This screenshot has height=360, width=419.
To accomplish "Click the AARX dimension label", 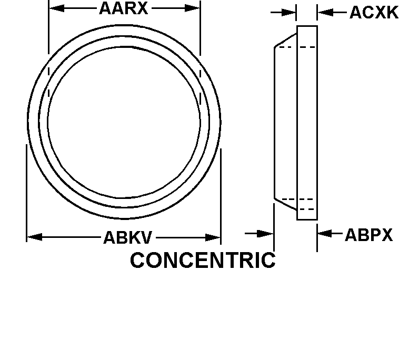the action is pos(124,8).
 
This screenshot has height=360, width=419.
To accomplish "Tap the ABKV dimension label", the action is pos(127,237).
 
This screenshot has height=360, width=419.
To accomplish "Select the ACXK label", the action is pos(374,12).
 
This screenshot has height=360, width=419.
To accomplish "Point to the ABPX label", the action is pos(369,235).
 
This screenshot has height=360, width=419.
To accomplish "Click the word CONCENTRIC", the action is pos(203,261).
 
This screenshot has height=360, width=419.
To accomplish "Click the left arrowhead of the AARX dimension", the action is pos(57,8).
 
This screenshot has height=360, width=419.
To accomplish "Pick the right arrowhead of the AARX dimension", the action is pos(193,8).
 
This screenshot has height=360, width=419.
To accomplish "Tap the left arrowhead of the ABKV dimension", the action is pos(35,237).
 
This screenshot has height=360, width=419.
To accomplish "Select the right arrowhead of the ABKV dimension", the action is pos(213,237).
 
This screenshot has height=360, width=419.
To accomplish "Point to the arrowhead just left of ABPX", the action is pos(325,233).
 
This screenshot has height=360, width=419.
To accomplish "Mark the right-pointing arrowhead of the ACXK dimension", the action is pos(288,12).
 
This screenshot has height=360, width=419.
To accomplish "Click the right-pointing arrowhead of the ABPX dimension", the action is pos(265,234).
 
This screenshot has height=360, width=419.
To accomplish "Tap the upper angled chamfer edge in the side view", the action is pos(285,41).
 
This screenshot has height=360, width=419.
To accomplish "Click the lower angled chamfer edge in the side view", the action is pos(285,204).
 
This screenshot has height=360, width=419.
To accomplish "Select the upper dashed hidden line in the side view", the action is pos(297,47).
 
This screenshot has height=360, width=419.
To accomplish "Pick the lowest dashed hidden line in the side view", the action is pos(307,209).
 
